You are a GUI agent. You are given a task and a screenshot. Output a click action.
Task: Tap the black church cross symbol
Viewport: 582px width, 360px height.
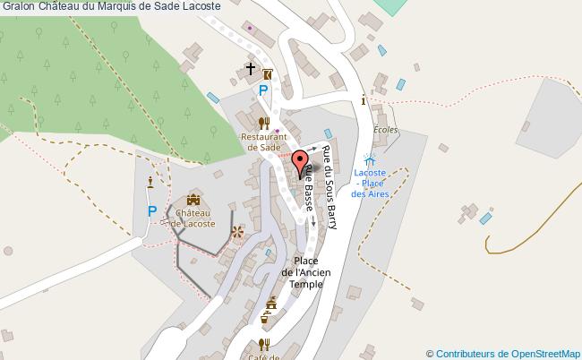tap(250, 68)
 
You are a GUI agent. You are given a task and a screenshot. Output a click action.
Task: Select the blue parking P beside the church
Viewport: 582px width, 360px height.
tap(263, 91)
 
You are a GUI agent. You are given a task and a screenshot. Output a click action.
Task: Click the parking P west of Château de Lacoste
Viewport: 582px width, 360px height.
tap(152, 212)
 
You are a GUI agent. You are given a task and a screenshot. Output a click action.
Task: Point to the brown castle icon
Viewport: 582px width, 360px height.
tap(194, 199)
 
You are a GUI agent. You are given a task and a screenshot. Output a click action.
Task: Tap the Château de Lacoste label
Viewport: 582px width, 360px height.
tap(194, 219)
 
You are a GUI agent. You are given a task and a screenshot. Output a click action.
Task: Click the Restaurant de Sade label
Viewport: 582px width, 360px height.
tap(263, 143)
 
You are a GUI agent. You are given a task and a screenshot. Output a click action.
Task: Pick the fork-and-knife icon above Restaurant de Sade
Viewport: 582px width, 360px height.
tap(263, 123)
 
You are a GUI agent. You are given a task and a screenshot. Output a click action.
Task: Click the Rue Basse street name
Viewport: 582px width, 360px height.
tap(307, 190)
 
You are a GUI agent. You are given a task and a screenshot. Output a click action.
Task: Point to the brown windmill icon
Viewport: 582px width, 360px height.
tap(237, 233)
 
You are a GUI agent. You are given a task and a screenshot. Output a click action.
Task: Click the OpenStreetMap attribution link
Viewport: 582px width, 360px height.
tap(503, 353)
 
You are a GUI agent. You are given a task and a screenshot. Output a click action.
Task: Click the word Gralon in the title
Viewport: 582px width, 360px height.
tap(18, 6)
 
